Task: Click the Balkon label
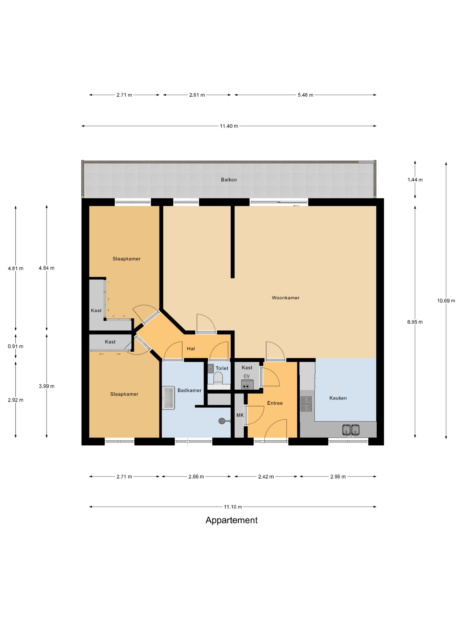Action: [x=229, y=180]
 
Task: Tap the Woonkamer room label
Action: [x=286, y=298]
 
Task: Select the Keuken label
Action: [x=338, y=398]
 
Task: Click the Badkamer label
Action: [x=189, y=390]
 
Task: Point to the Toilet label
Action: [x=222, y=368]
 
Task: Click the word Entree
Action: [x=275, y=403]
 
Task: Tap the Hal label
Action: [x=191, y=349]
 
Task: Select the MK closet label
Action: [x=240, y=415]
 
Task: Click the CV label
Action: [x=247, y=376]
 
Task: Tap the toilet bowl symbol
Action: [x=218, y=379]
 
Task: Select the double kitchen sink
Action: [x=351, y=430]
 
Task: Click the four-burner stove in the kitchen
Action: [x=307, y=404]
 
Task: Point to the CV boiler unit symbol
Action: [x=247, y=384]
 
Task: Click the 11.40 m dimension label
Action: [x=229, y=126]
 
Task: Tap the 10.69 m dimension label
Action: [x=446, y=301]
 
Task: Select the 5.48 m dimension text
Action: [x=305, y=95]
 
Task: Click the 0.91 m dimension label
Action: [x=16, y=347]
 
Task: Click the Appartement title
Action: [x=232, y=520]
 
